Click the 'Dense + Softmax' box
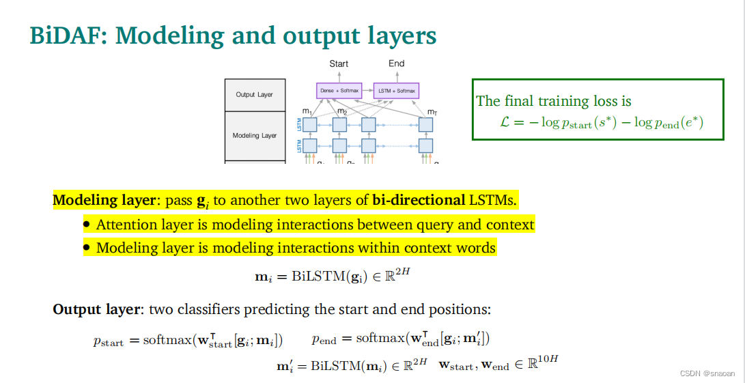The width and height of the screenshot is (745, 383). coord(338,91)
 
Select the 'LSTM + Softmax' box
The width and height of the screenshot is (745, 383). coord(396,91)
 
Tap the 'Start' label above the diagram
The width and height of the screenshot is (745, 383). coord(339,63)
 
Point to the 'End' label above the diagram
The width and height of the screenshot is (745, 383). coord(397,63)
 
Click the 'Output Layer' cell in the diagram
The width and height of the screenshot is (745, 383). coord(254,95)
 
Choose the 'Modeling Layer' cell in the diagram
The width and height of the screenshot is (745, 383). coord(254,135)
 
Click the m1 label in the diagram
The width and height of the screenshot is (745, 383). coord(307,111)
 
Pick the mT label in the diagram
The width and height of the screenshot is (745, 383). coord(432,111)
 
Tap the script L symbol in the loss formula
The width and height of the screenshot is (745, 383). coord(505,123)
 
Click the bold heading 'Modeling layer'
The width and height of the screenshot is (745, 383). coord(105,201)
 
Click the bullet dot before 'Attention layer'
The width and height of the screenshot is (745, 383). coord(87,225)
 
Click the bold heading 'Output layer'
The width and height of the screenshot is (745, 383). coord(96,309)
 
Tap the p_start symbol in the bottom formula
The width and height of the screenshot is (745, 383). coord(108,341)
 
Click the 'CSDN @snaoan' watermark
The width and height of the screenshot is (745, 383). coord(707,373)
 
